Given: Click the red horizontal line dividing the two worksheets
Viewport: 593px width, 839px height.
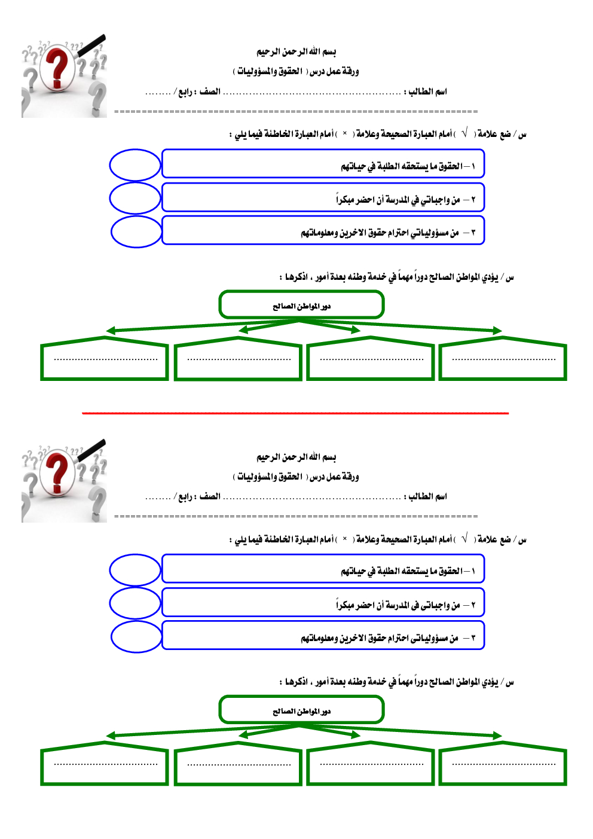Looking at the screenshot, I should point(295,413).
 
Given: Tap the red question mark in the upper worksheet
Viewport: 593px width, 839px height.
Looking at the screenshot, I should point(58,69).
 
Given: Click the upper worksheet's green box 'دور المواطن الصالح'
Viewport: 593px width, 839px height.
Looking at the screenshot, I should point(301,306).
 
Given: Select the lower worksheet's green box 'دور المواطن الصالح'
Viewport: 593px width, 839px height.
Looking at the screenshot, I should point(301,710).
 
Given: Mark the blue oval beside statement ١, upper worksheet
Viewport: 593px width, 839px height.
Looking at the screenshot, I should point(135,165).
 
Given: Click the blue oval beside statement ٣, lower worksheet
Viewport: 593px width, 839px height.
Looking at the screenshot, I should point(136,637).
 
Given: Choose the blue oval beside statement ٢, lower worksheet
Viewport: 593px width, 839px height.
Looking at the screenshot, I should point(135,603).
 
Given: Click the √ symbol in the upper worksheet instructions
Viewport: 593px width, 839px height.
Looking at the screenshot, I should point(464,133).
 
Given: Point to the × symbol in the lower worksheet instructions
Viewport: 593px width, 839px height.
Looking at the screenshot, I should point(345,539).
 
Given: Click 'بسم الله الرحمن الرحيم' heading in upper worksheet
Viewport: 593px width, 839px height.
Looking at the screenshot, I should point(296,52).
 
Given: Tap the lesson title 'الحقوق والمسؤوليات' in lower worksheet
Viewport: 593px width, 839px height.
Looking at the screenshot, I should point(270,477).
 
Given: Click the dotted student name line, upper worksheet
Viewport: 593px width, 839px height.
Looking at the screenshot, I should point(311,93).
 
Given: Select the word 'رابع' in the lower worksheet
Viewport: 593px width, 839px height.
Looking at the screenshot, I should point(185,497).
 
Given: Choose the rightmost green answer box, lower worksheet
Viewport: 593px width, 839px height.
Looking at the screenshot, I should point(503,764).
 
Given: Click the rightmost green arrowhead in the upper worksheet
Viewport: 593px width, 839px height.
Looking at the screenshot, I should point(497,330).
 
